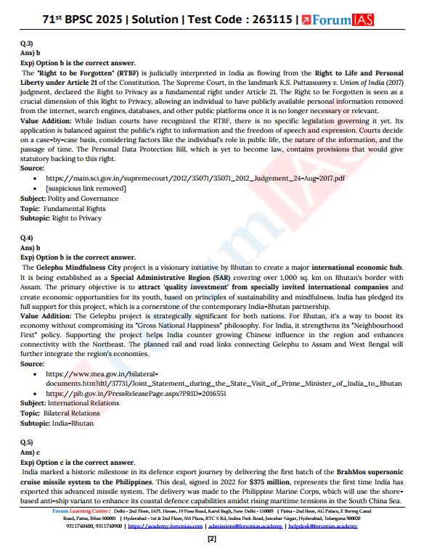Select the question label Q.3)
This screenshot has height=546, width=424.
pos(27,44)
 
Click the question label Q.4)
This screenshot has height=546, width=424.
pos(27,238)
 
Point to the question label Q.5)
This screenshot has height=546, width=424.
pos(27,441)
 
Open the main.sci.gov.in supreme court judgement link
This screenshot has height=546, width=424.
pos(195,178)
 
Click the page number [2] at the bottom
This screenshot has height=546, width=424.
pos(212,539)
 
